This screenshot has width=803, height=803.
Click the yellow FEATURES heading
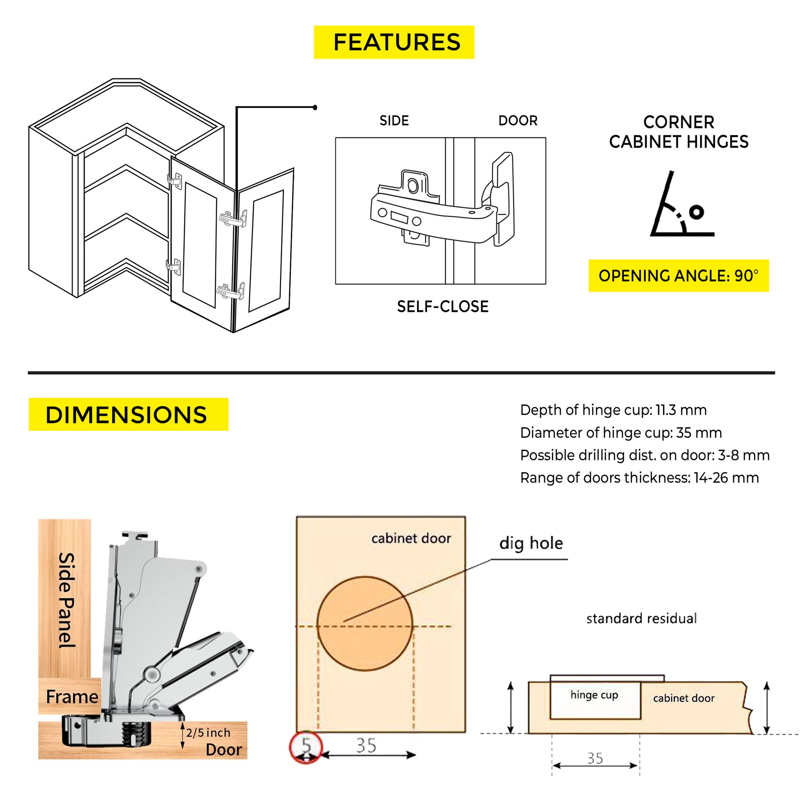[x=394, y=42]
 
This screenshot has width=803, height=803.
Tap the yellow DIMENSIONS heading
[x=128, y=414]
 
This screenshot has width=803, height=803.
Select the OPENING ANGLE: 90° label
[x=679, y=276]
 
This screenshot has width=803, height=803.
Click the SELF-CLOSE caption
[x=443, y=307]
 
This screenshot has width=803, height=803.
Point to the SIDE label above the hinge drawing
[x=394, y=120]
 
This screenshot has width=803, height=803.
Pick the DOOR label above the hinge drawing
[x=518, y=120]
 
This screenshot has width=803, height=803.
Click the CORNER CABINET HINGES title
[x=679, y=132]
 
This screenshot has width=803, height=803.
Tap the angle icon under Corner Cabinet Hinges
[x=682, y=204]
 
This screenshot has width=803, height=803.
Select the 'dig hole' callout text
[x=531, y=543]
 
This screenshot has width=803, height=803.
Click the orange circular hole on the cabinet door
[x=365, y=624]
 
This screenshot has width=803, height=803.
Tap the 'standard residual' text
[x=641, y=619]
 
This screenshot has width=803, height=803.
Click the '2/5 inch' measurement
[x=208, y=732]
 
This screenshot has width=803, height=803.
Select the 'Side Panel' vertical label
[x=66, y=600]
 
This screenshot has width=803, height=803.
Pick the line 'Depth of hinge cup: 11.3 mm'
[x=614, y=410]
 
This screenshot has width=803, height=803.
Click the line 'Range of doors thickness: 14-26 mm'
[x=640, y=478]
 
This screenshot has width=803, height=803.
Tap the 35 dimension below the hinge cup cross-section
[x=595, y=758]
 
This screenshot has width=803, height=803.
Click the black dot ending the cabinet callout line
[x=315, y=108]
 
